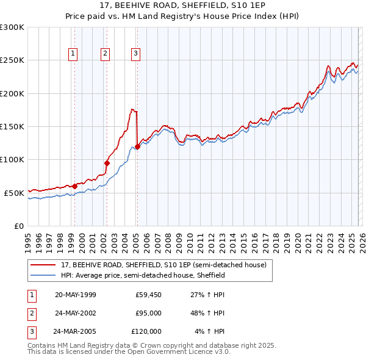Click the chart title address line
(182, 5)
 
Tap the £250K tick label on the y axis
(12, 60)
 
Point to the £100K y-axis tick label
(12, 159)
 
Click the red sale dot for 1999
(75, 186)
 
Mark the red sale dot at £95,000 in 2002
(107, 163)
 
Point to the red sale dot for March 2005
(137, 146)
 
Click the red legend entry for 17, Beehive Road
(163, 265)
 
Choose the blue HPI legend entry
(143, 275)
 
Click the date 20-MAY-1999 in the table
(75, 295)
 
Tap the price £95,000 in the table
(148, 313)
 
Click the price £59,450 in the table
(148, 295)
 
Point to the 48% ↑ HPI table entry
(208, 313)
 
